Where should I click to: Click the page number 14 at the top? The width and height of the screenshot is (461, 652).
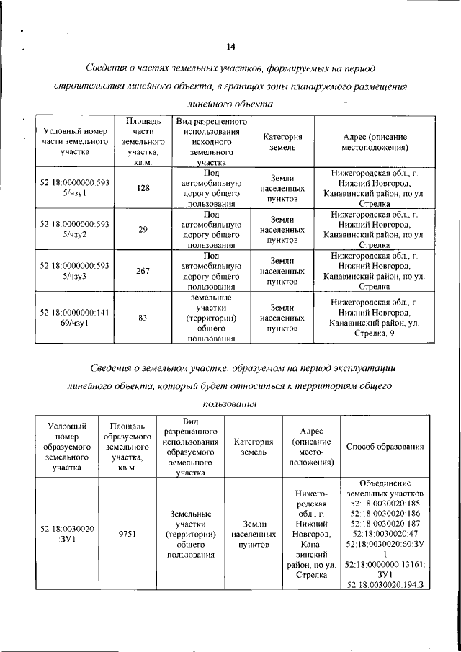(230, 47)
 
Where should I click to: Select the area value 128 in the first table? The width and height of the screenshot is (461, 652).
(143, 188)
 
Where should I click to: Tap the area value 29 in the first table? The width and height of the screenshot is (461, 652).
(143, 230)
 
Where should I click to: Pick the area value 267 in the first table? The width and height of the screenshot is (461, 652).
(143, 271)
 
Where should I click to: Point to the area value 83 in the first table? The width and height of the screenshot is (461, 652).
(143, 317)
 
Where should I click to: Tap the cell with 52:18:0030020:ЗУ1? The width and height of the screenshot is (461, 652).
(66, 534)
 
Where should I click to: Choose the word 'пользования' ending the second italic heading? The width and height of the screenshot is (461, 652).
(230, 404)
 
